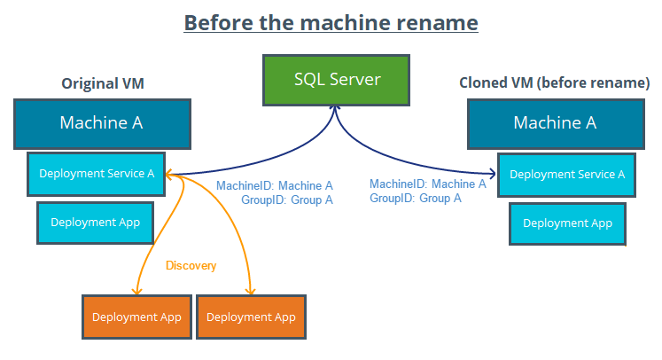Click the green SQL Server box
coord(337,79)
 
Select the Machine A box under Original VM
coord(101,122)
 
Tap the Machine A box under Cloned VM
coord(555,122)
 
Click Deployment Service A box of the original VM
coord(97,174)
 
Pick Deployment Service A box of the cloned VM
coord(567,175)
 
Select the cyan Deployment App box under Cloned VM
coord(567,223)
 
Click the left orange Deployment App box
coord(136,317)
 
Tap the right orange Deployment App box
coord(252,317)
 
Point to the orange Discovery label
coord(191,265)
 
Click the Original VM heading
coord(102,83)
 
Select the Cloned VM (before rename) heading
coord(555,83)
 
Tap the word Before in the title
coord(214,21)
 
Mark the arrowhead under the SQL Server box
coord(337,107)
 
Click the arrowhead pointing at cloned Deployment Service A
coord(492,174)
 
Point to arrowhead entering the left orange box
coord(136,291)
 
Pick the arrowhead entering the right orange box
coord(252,291)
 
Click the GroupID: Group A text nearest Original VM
coord(286,200)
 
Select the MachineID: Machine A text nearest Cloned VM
coord(427,184)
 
